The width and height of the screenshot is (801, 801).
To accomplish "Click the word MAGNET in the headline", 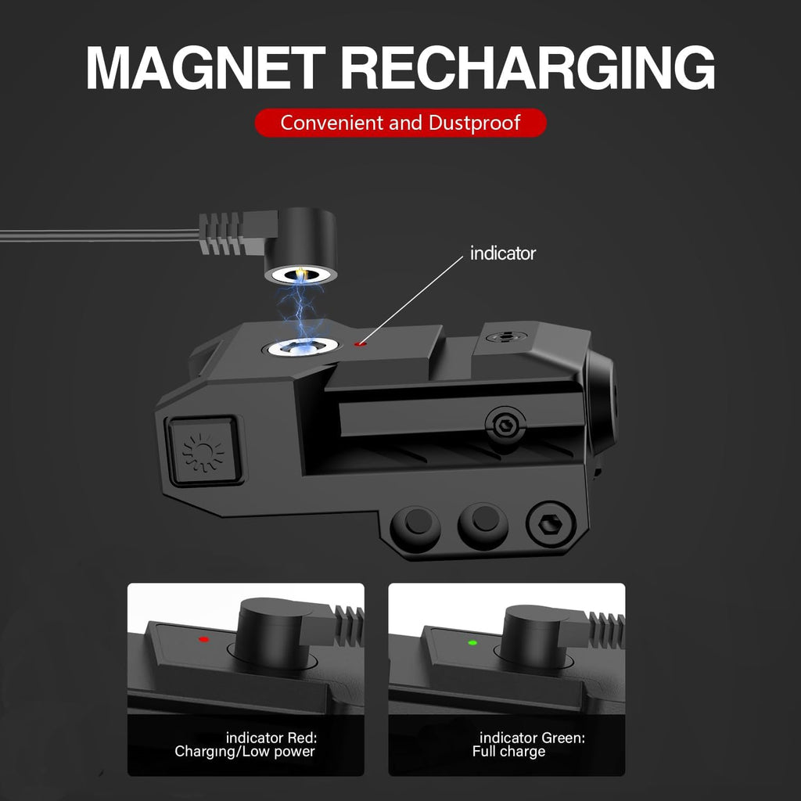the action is point(206,68).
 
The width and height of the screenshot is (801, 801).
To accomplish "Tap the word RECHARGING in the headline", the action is point(528,68).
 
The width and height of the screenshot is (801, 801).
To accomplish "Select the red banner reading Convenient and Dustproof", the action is point(400,123).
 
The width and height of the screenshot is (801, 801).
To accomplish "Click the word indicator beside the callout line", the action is point(503,253).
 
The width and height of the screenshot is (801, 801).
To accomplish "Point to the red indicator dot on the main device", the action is point(361,344).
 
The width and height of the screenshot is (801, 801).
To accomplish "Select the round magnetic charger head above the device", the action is point(300,246).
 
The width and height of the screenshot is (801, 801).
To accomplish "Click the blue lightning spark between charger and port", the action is point(301,309).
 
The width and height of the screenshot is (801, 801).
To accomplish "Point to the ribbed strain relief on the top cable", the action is point(220,234).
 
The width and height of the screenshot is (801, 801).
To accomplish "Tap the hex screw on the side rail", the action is point(506,423).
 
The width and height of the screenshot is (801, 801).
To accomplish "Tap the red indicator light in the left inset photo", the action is point(204,639).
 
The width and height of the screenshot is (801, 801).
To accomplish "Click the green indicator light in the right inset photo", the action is point(472,643).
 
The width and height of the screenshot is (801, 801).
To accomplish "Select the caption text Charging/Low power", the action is point(245,752).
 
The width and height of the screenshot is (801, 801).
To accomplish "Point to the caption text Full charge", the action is point(508,752).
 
